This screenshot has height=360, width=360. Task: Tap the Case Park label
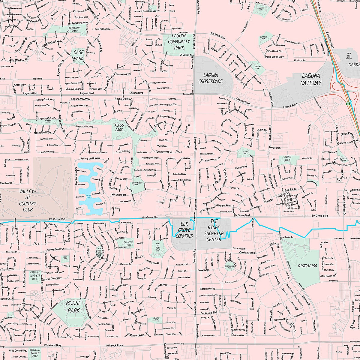(79, 55)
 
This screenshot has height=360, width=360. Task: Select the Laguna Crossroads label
(211, 78)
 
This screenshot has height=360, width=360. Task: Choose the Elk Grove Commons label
(184, 229)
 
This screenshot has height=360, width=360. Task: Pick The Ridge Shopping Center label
(214, 230)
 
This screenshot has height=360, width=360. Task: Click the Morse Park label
(73, 307)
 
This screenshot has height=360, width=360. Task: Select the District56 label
(307, 266)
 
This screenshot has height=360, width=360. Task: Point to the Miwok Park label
(288, 158)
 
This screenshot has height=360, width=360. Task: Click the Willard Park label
(128, 243)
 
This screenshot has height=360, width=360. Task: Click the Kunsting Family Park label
(35, 353)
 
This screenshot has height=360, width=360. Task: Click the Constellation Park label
(229, 266)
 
